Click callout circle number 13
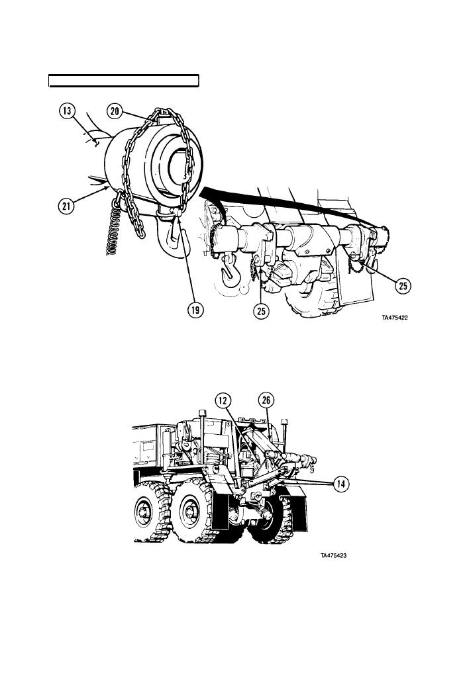67,111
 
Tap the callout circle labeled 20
115,111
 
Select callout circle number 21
66,206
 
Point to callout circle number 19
195,310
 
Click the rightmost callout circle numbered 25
403,286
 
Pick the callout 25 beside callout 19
262,310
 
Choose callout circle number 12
223,400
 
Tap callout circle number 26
266,400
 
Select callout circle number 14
342,484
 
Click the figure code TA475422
395,318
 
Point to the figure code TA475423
334,556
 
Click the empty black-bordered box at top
123,81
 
